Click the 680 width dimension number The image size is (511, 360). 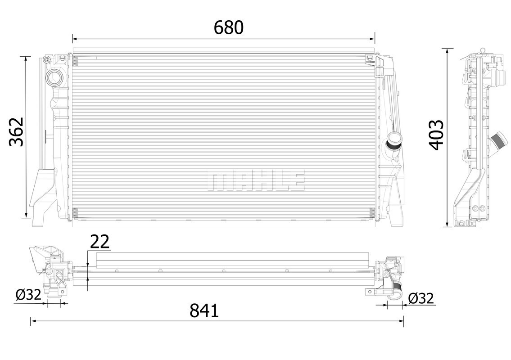(x=228, y=27)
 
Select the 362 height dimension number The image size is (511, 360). (x=16, y=131)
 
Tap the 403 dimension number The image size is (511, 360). (x=436, y=135)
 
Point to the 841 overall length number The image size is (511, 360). (x=204, y=310)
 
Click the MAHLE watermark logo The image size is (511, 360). (x=256, y=180)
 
